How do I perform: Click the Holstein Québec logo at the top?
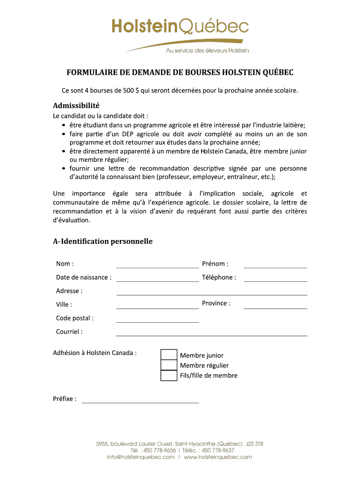click(x=180, y=27)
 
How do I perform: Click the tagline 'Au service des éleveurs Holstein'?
click(x=207, y=50)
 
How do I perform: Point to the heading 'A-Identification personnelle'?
click(x=103, y=241)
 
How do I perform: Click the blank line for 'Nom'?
click(x=157, y=264)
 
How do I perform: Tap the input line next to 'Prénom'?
click(x=275, y=264)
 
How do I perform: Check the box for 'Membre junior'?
click(x=169, y=355)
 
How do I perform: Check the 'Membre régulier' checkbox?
click(x=169, y=365)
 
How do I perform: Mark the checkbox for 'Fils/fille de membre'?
click(x=169, y=375)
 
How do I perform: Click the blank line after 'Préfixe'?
click(x=140, y=399)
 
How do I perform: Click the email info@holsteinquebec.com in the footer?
click(x=140, y=457)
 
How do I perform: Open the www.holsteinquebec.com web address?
click(x=218, y=457)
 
